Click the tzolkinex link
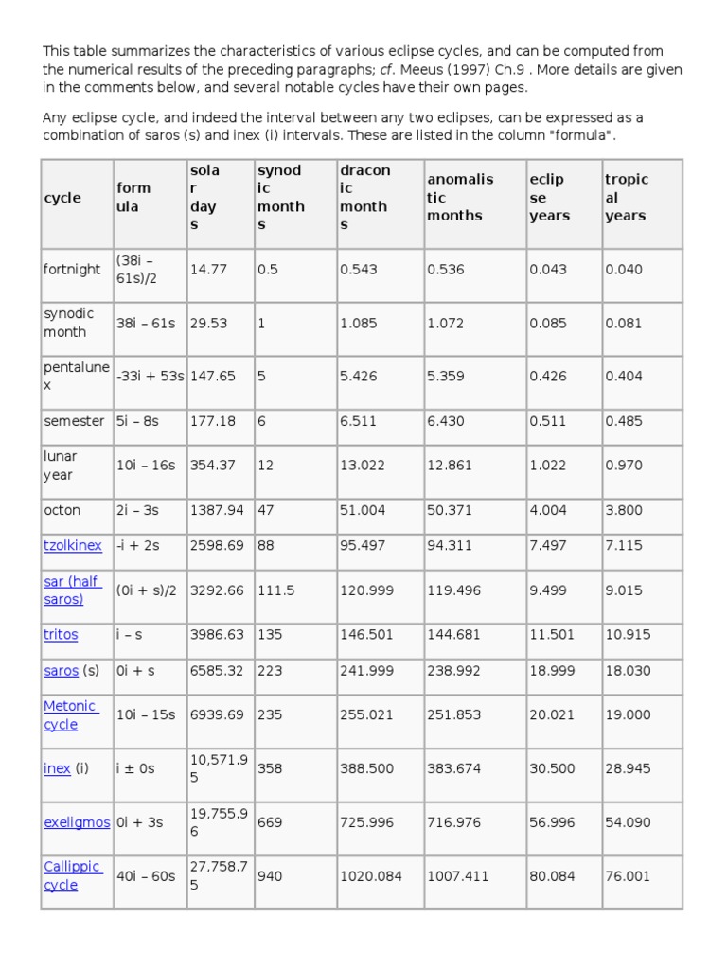pos(73,546)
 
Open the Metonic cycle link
pos(70,715)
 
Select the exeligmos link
pos(77,822)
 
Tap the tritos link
pos(61,635)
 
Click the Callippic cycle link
pos(73,876)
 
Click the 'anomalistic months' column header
pos(460,197)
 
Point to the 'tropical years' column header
pos(627,197)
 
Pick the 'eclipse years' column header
pos(549,197)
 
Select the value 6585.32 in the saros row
pos(217,671)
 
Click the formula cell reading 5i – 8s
pos(138,421)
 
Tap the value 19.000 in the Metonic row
pos(628,715)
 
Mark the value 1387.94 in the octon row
pos(217,510)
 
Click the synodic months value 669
pos(270,822)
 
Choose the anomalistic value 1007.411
pos(458,876)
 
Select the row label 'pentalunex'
pos(77,376)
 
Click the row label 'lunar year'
pos(61,466)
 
